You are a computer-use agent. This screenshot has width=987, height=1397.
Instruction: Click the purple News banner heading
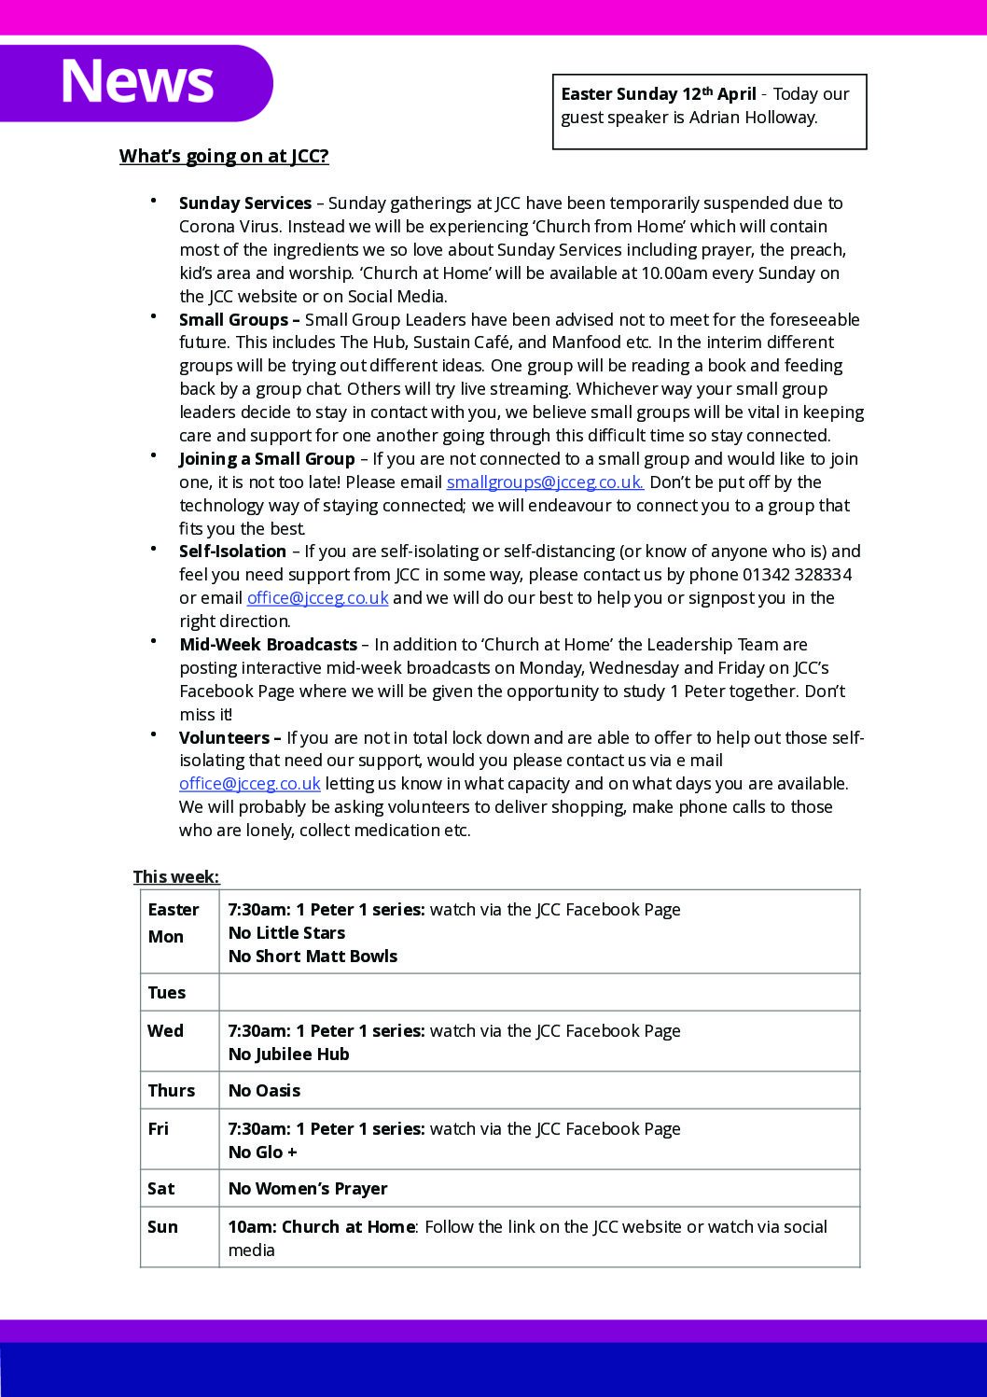tap(136, 81)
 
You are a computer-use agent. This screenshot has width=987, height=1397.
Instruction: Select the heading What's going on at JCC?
tap(224, 156)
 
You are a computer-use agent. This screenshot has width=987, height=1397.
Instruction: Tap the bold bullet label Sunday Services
tap(245, 203)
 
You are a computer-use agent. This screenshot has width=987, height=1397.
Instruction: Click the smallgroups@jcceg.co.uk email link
tap(545, 482)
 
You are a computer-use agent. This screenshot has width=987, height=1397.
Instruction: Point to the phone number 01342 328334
tap(797, 575)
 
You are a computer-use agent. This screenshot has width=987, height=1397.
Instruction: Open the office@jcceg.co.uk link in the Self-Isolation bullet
tap(317, 598)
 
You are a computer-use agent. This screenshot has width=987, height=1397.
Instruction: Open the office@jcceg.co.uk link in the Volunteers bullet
tap(250, 784)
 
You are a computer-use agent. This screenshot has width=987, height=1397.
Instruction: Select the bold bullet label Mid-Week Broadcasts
tap(268, 645)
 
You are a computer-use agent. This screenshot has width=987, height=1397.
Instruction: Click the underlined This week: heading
tap(176, 877)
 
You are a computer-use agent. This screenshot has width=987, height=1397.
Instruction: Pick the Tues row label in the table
tap(167, 993)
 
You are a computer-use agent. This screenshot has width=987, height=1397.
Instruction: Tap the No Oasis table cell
tap(264, 1091)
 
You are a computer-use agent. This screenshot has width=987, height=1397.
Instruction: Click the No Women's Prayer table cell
tap(308, 1189)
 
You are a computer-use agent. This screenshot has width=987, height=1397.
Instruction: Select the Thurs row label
tap(172, 1091)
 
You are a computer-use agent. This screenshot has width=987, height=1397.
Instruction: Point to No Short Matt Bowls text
tap(313, 957)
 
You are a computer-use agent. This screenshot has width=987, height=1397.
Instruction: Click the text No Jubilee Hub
tap(289, 1055)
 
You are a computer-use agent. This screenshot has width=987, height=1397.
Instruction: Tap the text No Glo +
tap(263, 1153)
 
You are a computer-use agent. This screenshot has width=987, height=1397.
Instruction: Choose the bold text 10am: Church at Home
tap(321, 1227)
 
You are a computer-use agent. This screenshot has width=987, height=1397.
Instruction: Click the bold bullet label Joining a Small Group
tap(267, 459)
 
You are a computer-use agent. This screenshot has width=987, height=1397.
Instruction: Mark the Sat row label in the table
tap(161, 1189)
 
